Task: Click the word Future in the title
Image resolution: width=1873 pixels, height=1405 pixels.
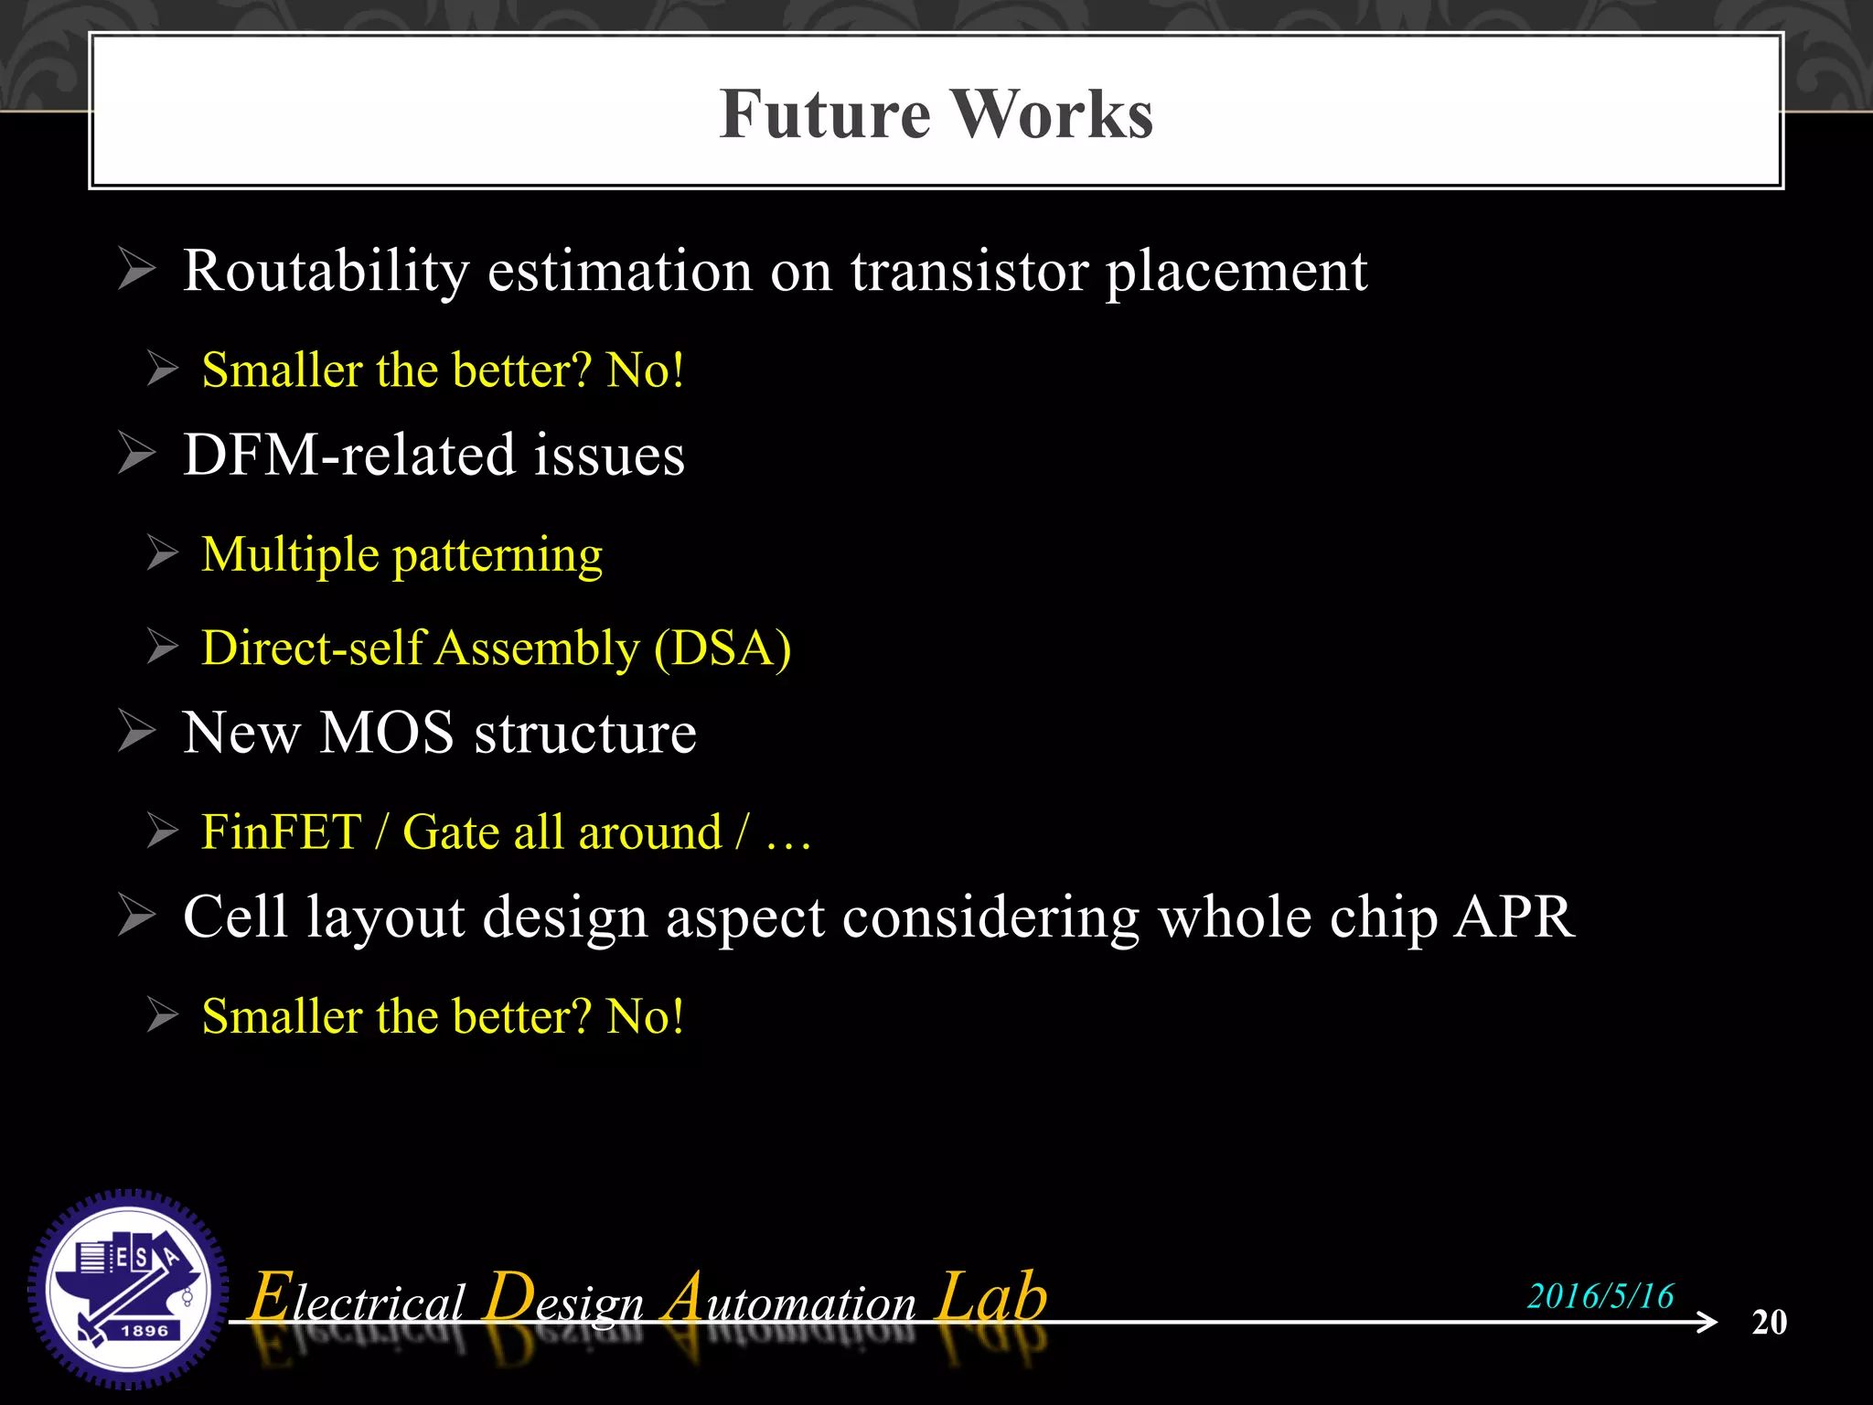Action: point(824,114)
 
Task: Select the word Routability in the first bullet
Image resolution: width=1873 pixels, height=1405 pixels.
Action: point(326,272)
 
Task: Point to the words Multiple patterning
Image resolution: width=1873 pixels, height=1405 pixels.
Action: point(401,555)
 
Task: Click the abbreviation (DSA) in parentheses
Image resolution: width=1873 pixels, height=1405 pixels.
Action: point(722,649)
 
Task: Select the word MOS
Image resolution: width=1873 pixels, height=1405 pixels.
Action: point(386,733)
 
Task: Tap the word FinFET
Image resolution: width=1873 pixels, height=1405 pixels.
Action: point(281,832)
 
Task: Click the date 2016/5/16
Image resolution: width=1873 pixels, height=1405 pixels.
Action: point(1600,1296)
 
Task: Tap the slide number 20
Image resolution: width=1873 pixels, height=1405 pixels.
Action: point(1769,1323)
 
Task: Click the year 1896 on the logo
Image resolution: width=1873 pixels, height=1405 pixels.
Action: point(144,1331)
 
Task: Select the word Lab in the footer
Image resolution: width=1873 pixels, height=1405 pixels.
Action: point(992,1297)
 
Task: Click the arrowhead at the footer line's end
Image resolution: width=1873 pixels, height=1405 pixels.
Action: point(1707,1322)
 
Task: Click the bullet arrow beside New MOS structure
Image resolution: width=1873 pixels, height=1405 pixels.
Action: point(137,733)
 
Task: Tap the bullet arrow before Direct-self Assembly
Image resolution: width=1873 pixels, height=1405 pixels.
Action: point(162,648)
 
